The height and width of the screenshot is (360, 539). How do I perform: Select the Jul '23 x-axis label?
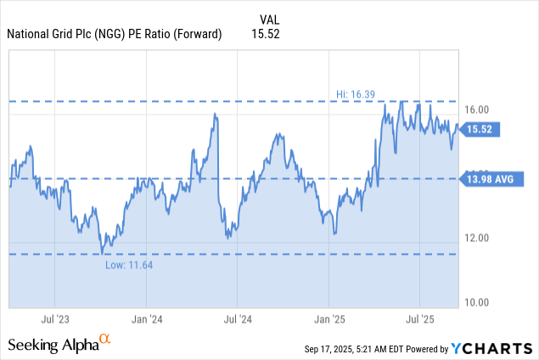click(55, 319)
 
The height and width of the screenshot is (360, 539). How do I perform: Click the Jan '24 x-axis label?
click(146, 319)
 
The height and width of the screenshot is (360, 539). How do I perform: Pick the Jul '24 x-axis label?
click(238, 319)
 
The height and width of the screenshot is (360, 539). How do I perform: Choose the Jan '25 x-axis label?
click(329, 319)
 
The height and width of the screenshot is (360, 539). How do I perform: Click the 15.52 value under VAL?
click(266, 34)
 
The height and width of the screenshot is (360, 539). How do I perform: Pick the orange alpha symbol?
click(105, 340)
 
